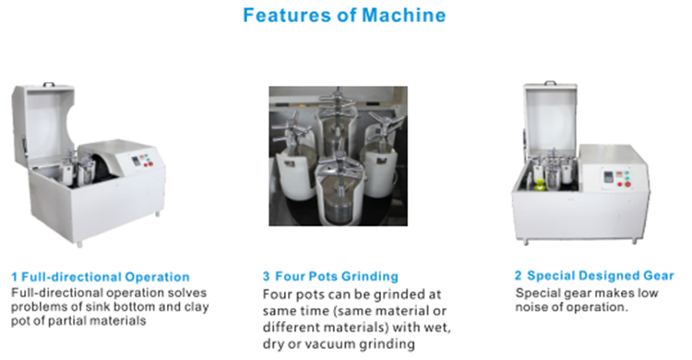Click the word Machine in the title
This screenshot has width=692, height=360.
click(x=404, y=15)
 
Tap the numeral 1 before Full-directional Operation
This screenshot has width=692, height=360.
click(x=15, y=278)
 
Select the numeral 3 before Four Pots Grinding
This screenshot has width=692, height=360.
click(x=266, y=277)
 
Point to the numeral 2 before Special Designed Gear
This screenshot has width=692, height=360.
click(x=519, y=276)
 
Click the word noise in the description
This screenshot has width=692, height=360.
click(x=531, y=307)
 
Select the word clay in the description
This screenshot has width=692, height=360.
click(x=197, y=307)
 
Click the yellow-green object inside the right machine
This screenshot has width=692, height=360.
click(x=539, y=185)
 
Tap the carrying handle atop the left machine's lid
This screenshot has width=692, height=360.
click(x=48, y=84)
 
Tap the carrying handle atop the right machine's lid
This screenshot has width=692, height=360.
click(x=550, y=83)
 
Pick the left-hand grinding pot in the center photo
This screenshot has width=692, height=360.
click(x=295, y=164)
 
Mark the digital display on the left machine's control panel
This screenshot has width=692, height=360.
click(x=136, y=162)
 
